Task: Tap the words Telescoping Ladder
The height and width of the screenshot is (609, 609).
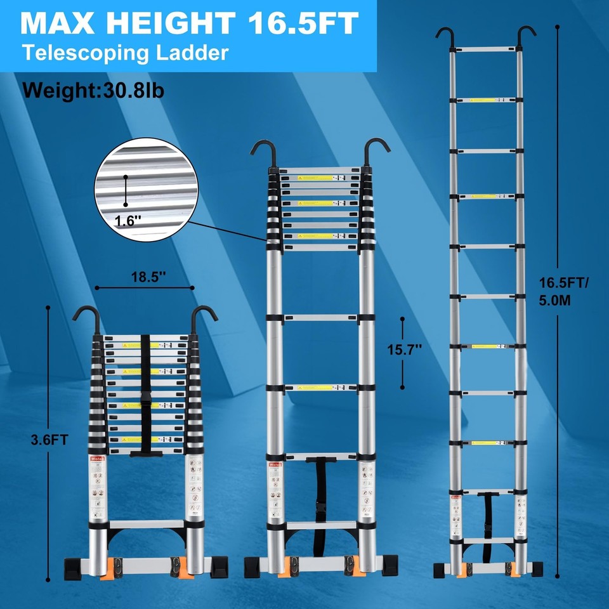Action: (125, 53)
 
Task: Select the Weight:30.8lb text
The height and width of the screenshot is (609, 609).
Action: (93, 90)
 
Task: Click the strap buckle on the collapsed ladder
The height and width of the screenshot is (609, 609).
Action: (145, 400)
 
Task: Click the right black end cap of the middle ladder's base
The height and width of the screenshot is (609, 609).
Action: (390, 564)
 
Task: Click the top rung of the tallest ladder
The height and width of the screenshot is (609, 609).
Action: (485, 49)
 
